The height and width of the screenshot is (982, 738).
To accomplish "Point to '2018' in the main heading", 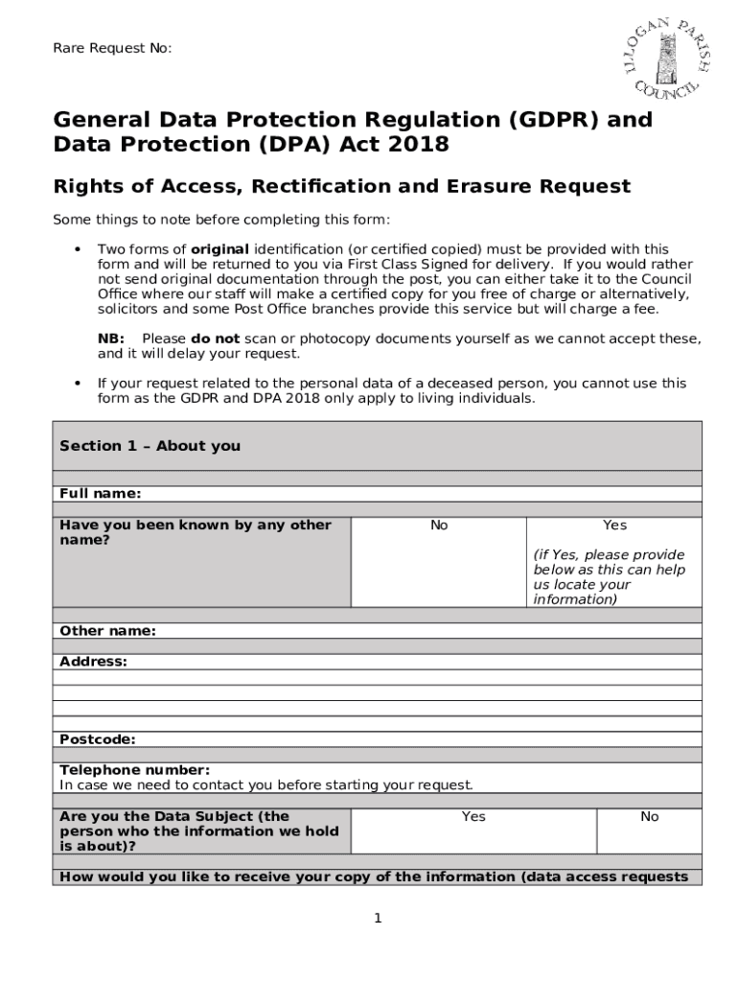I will pyautogui.click(x=419, y=145).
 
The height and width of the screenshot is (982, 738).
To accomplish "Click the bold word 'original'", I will pyautogui.click(x=219, y=249).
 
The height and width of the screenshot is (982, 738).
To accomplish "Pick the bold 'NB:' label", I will pyautogui.click(x=111, y=339).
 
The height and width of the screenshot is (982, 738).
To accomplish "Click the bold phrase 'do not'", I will pyautogui.click(x=216, y=339).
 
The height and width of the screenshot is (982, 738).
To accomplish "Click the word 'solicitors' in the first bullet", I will pyautogui.click(x=130, y=310).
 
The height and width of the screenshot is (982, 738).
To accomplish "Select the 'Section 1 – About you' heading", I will pyautogui.click(x=150, y=446).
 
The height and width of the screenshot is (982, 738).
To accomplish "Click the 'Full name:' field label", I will pyautogui.click(x=100, y=494).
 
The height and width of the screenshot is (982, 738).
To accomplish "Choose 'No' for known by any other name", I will pyautogui.click(x=439, y=526).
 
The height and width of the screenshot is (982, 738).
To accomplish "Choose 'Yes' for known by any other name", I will pyautogui.click(x=614, y=526).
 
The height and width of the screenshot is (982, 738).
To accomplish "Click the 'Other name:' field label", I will pyautogui.click(x=107, y=631).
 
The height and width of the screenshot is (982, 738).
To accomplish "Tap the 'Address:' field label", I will pyautogui.click(x=93, y=662).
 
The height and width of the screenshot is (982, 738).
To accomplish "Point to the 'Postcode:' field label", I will pyautogui.click(x=97, y=739).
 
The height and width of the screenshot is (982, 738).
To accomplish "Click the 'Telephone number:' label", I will pyautogui.click(x=134, y=770).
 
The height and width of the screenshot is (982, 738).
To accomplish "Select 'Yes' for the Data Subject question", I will pyautogui.click(x=473, y=817).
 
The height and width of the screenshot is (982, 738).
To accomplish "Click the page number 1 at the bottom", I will pyautogui.click(x=378, y=919).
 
